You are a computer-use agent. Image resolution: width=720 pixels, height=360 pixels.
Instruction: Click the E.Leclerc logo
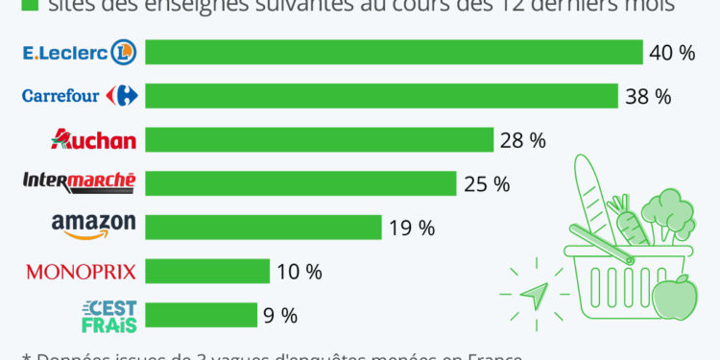[80, 52]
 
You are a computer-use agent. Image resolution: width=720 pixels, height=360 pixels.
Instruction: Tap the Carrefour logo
[81, 95]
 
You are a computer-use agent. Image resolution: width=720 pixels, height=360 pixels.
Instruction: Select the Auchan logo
[93, 139]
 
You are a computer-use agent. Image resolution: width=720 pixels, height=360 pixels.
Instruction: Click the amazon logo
[93, 227]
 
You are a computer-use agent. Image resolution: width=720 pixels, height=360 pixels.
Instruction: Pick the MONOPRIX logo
[81, 272]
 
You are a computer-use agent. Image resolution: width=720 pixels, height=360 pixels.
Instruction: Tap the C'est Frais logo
[109, 315]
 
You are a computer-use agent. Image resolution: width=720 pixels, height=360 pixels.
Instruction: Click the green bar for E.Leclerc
[394, 52]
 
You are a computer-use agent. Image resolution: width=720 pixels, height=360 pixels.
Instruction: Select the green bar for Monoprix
[207, 272]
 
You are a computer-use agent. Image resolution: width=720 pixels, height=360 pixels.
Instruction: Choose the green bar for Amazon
[263, 228]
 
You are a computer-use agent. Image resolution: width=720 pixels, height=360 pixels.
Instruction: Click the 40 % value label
[672, 53]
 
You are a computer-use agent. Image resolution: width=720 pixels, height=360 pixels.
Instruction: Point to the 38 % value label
[647, 96]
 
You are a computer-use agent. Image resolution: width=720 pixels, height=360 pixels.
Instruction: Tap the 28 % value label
[522, 140]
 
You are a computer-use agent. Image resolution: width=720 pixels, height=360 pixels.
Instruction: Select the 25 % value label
[486, 183]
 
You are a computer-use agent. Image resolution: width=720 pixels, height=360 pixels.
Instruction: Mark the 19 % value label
[412, 228]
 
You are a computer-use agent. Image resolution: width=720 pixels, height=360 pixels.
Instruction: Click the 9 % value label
[276, 315]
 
